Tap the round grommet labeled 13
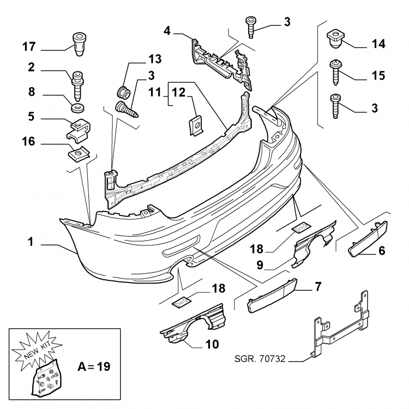point(123,89)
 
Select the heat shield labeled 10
point(196,325)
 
